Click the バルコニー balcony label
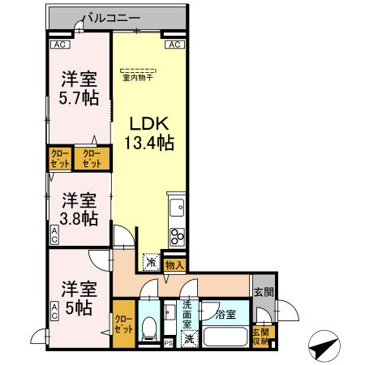[x=114, y=16]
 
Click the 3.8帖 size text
[x=79, y=219]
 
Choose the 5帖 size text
[x=79, y=307]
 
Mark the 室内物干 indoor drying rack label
[x=140, y=78]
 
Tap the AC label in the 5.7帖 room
[x=58, y=45]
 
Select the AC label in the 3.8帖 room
[x=55, y=236]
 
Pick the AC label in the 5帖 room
[x=55, y=311]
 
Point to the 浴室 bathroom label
[x=225, y=314]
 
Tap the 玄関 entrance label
[x=262, y=293]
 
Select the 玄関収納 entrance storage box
[x=260, y=335]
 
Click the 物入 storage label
[x=174, y=264]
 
